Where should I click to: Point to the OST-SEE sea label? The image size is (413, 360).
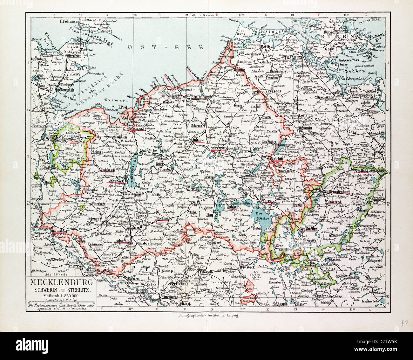click(165, 47)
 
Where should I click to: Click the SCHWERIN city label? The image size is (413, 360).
click(116, 181)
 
